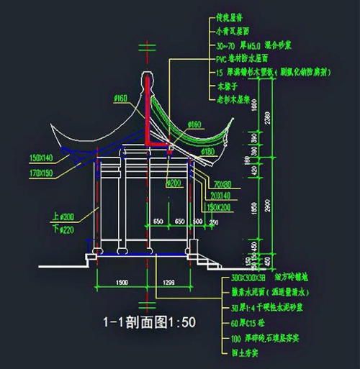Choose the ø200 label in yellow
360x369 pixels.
click(173, 183)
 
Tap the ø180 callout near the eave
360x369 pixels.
click(208, 151)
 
